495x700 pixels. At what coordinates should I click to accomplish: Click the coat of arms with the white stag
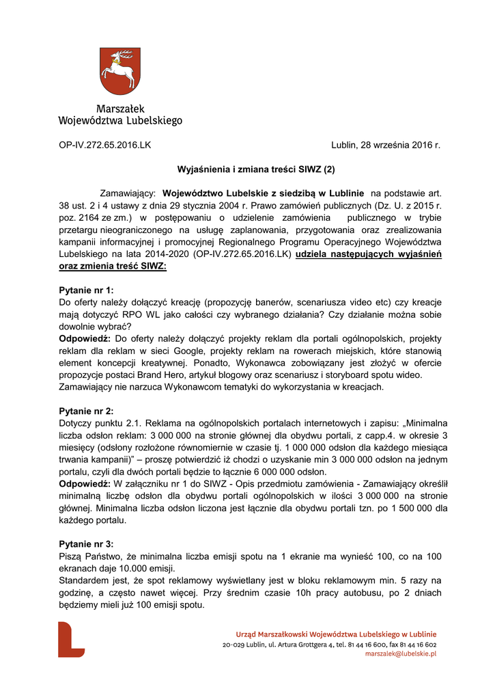[x=120, y=71]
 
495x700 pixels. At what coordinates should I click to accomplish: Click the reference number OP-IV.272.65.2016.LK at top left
[x=105, y=146]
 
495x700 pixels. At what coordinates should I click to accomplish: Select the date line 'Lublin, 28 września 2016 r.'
[x=386, y=146]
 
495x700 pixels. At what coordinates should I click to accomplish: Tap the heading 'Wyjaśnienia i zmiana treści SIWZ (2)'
[x=256, y=167]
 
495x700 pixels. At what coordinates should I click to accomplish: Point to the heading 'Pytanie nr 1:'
[x=87, y=290]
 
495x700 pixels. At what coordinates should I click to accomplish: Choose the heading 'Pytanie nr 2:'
[x=87, y=411]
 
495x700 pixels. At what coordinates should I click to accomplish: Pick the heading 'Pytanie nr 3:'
[x=87, y=544]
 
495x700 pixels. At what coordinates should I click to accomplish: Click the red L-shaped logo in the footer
[x=71, y=639]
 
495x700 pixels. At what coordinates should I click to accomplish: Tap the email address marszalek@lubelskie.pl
[x=401, y=654]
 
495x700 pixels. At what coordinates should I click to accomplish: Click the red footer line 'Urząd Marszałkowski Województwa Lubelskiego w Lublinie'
[x=336, y=634]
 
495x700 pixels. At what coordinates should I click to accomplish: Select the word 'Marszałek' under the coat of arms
[x=120, y=109]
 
